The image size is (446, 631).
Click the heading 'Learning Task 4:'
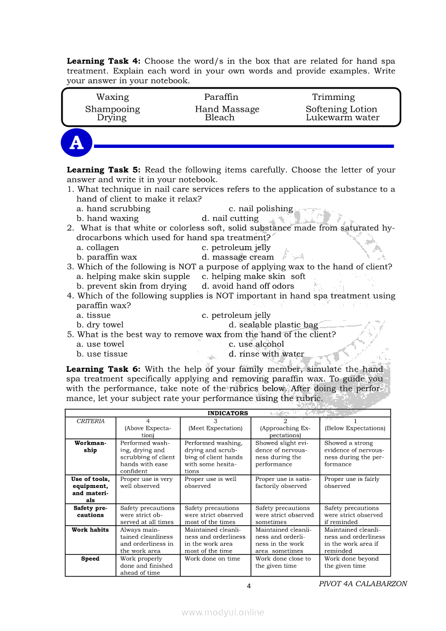click(103, 62)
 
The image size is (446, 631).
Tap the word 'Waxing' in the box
click(112, 97)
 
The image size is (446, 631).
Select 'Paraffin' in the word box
click(221, 97)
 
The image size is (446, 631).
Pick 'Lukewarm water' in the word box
click(342, 118)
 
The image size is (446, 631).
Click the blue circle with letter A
click(77, 143)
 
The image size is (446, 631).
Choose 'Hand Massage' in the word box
click(227, 109)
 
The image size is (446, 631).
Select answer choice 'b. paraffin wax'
click(107, 257)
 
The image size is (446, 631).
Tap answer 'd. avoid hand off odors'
click(248, 286)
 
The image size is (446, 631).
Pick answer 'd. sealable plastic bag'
click(273, 325)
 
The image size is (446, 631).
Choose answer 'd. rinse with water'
click(266, 354)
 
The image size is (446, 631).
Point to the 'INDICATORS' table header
click(228, 413)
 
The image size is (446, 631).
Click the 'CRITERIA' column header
click(91, 421)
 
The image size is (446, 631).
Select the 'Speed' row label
click(90, 559)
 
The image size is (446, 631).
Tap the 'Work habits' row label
click(90, 530)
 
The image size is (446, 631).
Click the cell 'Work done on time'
click(212, 559)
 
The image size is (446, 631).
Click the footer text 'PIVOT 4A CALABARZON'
click(363, 583)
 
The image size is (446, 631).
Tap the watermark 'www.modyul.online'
click(223, 612)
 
